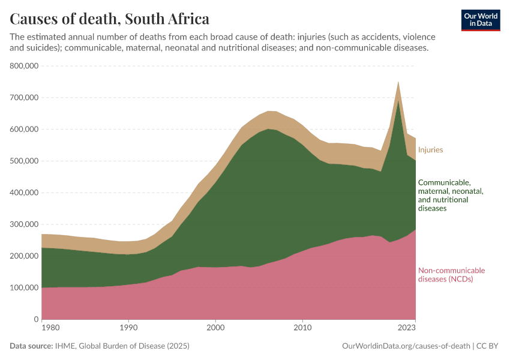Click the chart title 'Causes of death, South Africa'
(110, 18)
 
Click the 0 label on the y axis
(36, 320)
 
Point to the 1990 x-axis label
(128, 328)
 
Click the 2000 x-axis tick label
(215, 328)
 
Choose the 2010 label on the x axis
(302, 328)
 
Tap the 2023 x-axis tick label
(407, 328)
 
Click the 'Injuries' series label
(430, 149)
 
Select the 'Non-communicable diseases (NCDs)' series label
(451, 275)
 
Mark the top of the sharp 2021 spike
(398, 82)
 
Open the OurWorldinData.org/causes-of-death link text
(406, 346)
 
